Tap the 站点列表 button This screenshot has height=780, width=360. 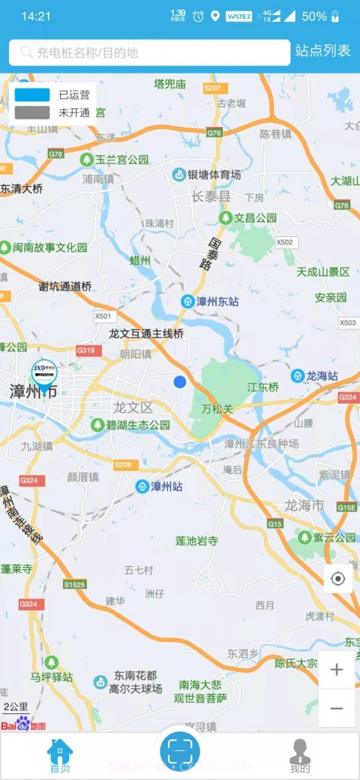(323, 52)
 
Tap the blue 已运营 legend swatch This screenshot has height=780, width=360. (32, 95)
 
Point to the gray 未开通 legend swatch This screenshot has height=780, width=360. (32, 112)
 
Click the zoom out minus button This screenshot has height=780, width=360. (337, 709)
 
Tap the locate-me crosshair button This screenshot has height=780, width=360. (338, 579)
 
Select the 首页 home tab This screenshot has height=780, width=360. (59, 756)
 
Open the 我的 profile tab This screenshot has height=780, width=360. (300, 756)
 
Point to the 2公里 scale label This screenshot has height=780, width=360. (16, 706)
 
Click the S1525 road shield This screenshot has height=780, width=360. (75, 584)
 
